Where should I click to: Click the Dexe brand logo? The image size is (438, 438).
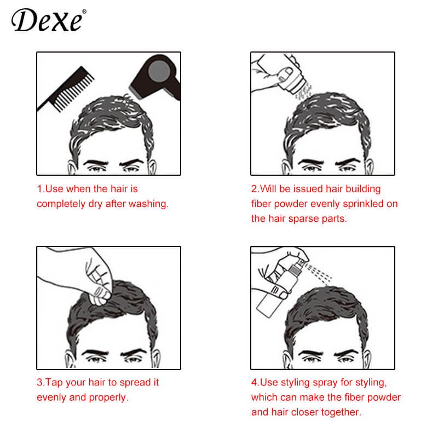(x=47, y=21)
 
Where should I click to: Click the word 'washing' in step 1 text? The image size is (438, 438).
(x=149, y=204)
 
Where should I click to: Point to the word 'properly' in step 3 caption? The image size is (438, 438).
(x=109, y=397)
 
